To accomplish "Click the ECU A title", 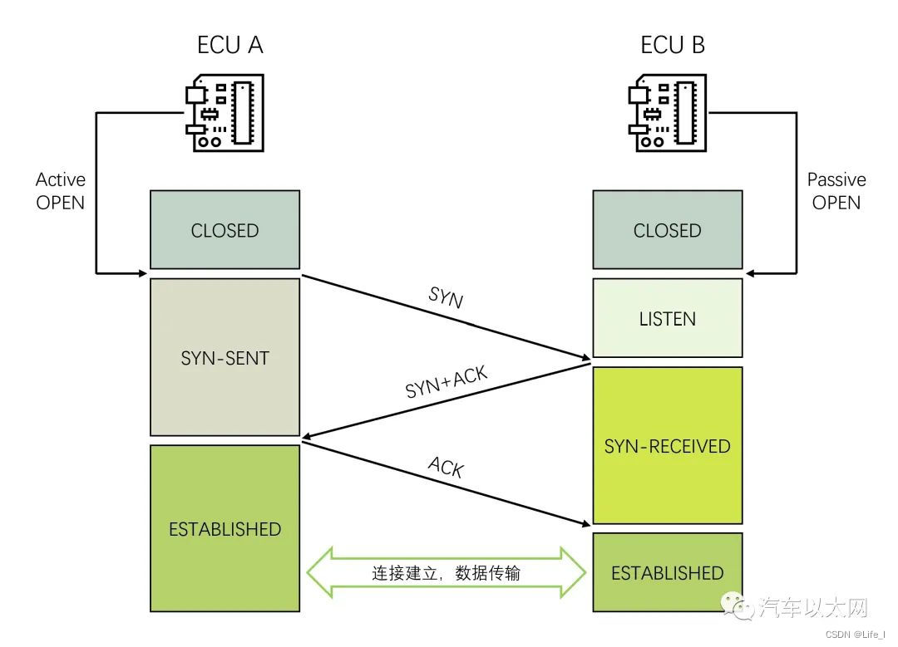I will [x=230, y=45].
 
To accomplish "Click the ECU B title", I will [x=673, y=45].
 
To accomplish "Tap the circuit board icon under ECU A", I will [x=224, y=115].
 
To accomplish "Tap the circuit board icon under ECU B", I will [x=666, y=115].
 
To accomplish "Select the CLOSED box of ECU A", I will [x=224, y=230].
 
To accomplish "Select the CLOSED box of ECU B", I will [x=667, y=230].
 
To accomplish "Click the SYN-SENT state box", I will [x=224, y=357].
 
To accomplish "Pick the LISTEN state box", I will [x=667, y=319].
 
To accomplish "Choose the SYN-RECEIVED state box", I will [x=667, y=445].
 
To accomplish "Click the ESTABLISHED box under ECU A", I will [x=224, y=529].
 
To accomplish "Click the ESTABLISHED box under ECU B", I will [x=667, y=572].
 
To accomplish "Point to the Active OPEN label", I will [x=61, y=191].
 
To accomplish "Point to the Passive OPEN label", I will [x=836, y=191].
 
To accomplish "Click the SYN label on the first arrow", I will [x=446, y=300].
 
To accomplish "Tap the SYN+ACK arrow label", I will [x=447, y=382].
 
